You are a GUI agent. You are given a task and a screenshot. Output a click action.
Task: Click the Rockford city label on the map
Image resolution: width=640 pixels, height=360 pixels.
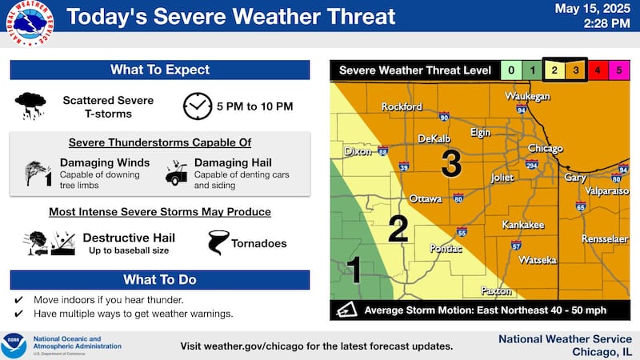pos(402,106)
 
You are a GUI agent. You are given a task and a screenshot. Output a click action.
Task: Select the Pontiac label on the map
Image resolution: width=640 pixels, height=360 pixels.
pos(446,250)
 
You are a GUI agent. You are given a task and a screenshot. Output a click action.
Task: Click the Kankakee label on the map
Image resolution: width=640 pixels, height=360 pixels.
pos(523,225)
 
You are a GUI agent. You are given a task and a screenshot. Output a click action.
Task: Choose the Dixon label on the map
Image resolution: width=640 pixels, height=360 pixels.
pos(358,150)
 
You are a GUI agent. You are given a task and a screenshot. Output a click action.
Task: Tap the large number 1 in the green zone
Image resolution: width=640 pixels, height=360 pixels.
pos(354,270)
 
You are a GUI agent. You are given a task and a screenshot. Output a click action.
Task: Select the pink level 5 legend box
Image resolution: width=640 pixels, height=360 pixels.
pos(617,70)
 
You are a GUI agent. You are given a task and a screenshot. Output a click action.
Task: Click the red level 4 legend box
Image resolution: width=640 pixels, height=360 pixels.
pos(598,70)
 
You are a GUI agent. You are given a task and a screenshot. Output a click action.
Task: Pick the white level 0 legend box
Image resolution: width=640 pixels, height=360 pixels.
pos(511,70)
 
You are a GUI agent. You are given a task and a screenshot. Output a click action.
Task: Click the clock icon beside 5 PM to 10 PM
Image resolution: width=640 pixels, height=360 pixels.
pos(197,106)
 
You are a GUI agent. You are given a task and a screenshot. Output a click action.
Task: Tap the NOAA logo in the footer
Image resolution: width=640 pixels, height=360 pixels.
pos(14,346)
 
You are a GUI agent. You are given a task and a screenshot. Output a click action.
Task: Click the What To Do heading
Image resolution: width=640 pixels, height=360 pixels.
pos(160,280)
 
